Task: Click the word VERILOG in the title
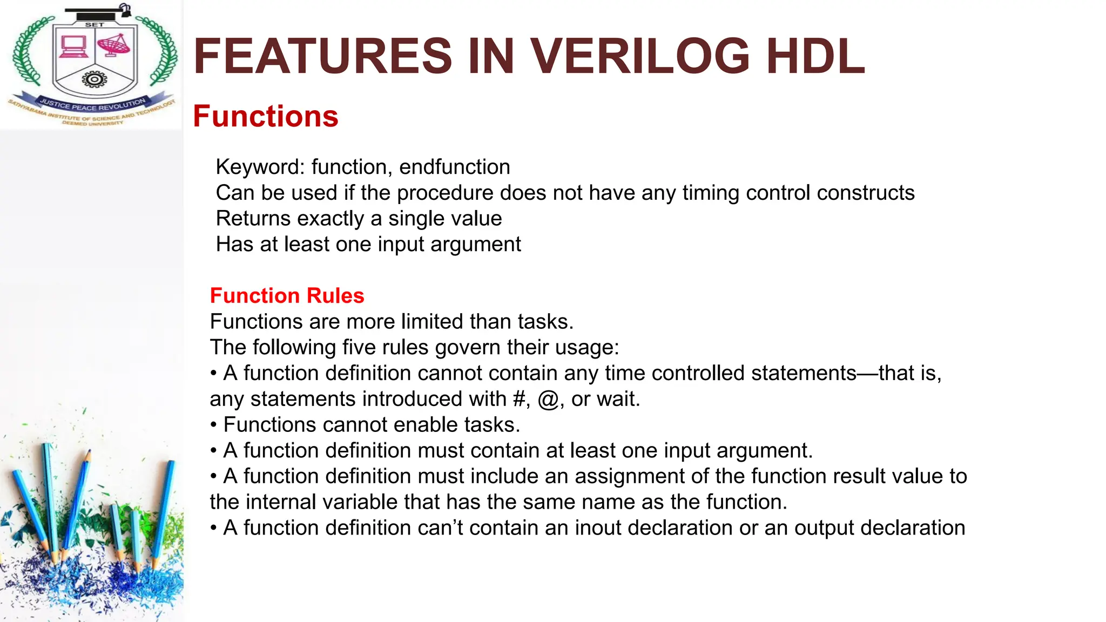tap(640, 56)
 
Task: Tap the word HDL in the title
tap(815, 56)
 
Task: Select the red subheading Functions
tap(265, 116)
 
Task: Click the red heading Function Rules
tap(287, 295)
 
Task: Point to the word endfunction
tap(454, 167)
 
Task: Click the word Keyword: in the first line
tap(260, 167)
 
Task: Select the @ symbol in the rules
tap(548, 400)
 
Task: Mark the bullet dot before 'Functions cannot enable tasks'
tap(214, 425)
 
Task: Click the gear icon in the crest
tap(95, 80)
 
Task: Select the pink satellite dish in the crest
tap(114, 45)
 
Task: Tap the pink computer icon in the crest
tap(73, 46)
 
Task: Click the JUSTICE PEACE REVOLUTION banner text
tap(92, 104)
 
